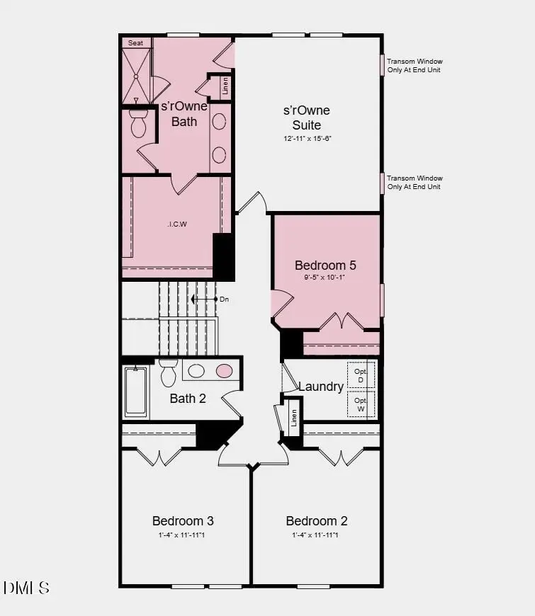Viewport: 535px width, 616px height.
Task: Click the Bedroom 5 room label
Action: (325, 266)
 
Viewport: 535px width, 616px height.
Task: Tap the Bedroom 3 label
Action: (183, 521)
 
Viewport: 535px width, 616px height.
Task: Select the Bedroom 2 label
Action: (317, 521)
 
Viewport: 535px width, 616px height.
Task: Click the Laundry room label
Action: (321, 387)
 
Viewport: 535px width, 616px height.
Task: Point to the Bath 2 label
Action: (188, 399)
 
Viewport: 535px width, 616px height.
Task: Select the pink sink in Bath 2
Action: (224, 370)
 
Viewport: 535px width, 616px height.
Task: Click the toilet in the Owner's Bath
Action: (138, 124)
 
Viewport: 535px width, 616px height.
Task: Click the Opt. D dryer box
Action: (361, 375)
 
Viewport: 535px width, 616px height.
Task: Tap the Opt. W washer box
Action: (361, 404)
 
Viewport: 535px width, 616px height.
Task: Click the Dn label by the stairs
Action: (224, 300)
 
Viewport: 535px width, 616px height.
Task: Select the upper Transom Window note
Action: (415, 66)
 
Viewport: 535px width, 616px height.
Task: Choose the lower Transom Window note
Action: (415, 183)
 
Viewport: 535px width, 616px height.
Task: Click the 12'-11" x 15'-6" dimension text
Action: (308, 139)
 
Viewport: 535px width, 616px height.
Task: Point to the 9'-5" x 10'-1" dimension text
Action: (325, 278)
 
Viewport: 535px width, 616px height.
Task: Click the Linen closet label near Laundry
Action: (293, 418)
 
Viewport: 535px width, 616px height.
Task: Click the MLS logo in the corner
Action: (26, 588)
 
